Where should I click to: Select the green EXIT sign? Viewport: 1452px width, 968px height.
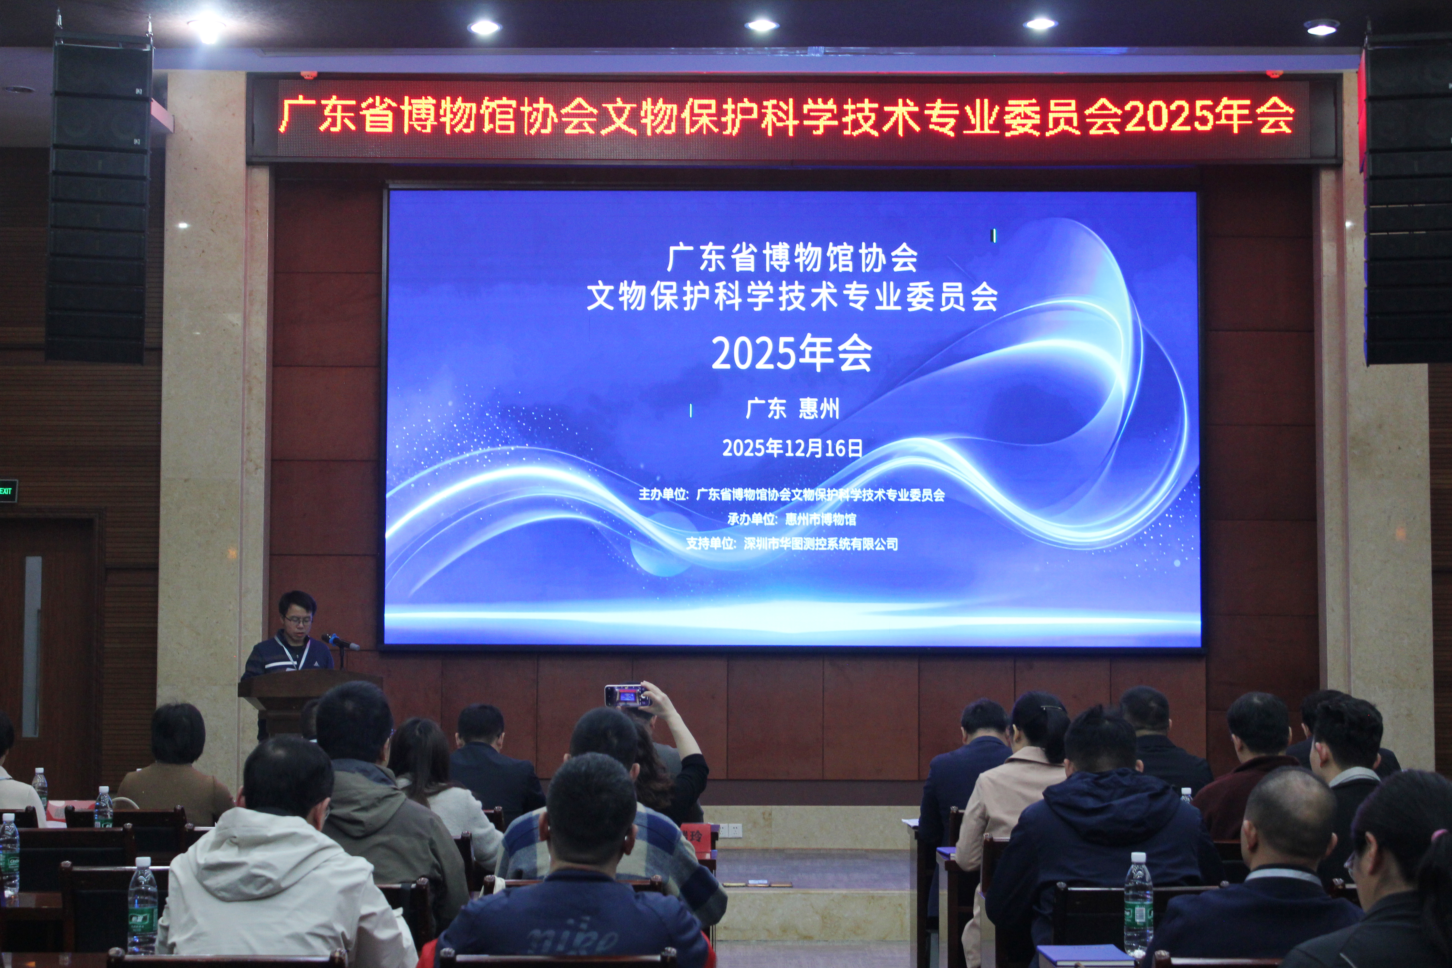click(x=7, y=491)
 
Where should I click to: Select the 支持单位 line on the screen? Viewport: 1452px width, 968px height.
click(x=792, y=544)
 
